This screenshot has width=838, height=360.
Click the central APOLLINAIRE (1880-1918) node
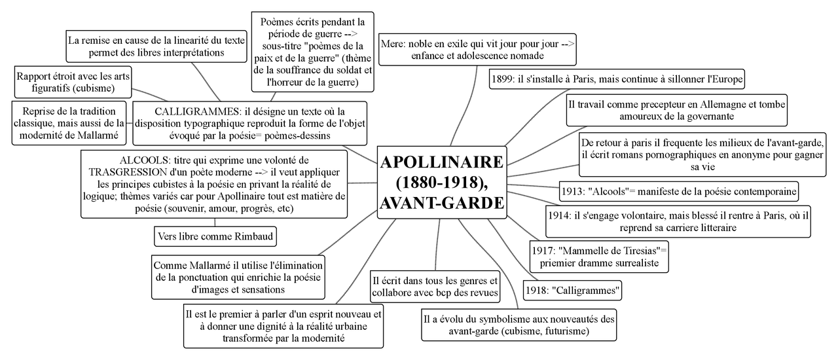pyautogui.click(x=442, y=183)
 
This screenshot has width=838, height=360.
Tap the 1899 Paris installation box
pyautogui.click(x=617, y=79)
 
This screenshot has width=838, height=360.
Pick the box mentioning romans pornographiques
pyautogui.click(x=702, y=154)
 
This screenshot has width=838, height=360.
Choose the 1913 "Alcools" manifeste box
pyautogui.click(x=680, y=192)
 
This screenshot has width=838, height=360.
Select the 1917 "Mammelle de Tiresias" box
pyautogui.click(x=599, y=257)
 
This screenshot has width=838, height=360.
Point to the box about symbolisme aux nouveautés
pyautogui.click(x=519, y=325)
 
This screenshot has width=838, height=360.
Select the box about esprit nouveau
pyautogui.click(x=283, y=325)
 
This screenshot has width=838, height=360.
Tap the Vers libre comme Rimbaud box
pyautogui.click(x=205, y=236)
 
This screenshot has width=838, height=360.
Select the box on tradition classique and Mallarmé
pyautogui.click(x=69, y=122)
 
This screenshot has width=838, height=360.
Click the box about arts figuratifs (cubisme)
pyautogui.click(x=74, y=82)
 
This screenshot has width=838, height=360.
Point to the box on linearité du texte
pyautogui.click(x=156, y=46)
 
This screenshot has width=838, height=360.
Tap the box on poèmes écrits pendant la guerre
pyautogui.click(x=312, y=52)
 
